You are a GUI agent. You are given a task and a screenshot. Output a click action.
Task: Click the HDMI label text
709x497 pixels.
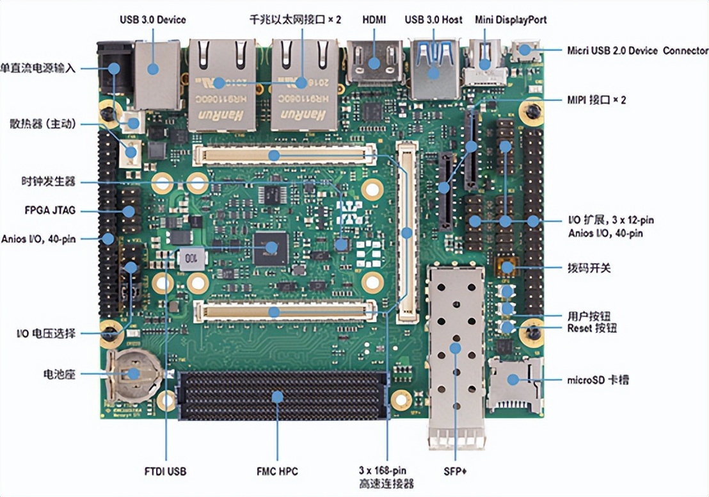point(374,19)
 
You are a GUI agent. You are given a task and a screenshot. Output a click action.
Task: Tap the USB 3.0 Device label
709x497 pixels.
point(153,19)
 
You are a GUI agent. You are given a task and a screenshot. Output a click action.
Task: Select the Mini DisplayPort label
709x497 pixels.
point(511,19)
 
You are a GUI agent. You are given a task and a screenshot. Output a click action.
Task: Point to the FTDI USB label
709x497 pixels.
point(165,472)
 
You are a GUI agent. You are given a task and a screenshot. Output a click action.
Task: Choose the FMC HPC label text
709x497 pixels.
point(277,472)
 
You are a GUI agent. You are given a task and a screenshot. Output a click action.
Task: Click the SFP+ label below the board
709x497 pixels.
point(455,472)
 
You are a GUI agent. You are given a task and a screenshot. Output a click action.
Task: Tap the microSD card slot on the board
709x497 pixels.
point(514,382)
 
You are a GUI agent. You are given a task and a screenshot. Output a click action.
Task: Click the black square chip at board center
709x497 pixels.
point(271,247)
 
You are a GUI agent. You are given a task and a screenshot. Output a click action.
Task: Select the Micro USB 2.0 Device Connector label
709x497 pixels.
point(637,51)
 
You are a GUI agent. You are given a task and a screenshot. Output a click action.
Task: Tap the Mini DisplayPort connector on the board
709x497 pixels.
point(484,63)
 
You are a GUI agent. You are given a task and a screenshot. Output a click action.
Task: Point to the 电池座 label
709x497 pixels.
point(59,373)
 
